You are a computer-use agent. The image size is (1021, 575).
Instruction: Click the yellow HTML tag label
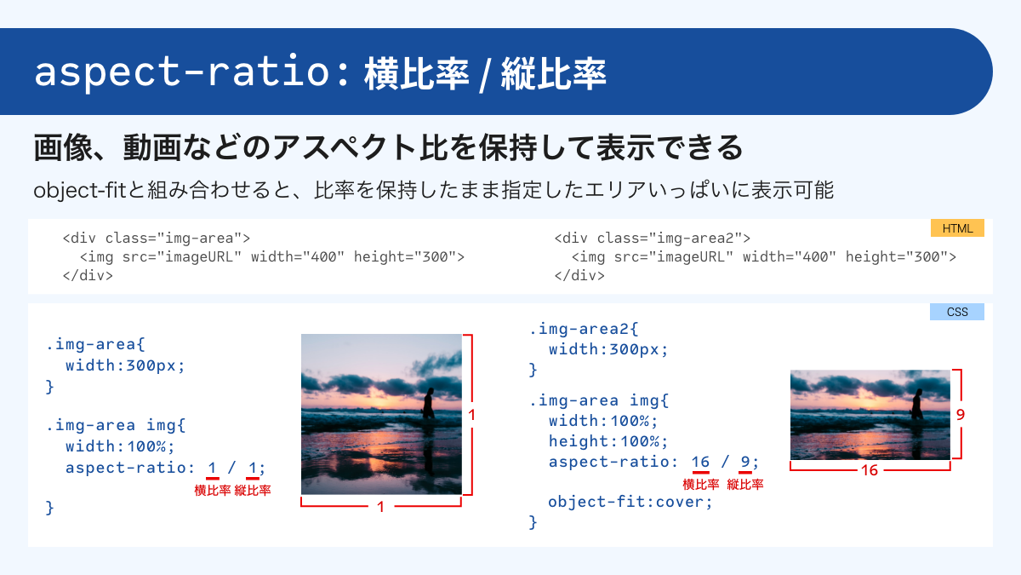(x=957, y=228)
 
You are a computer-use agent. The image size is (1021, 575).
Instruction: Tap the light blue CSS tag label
(x=957, y=312)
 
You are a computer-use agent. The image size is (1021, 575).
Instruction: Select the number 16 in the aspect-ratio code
(x=700, y=462)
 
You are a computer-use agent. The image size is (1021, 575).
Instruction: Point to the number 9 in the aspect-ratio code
(x=745, y=462)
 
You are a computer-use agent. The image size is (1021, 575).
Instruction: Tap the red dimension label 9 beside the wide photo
(x=960, y=416)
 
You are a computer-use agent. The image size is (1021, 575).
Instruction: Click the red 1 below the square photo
(x=380, y=507)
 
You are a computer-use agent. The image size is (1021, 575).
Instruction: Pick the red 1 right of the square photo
(x=471, y=415)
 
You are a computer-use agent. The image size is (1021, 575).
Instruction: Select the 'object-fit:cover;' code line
(x=630, y=501)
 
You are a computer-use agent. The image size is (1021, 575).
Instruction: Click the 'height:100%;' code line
(x=608, y=441)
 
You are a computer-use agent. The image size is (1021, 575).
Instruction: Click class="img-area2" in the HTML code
(x=661, y=239)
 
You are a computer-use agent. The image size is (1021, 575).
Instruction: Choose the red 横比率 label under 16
(x=700, y=484)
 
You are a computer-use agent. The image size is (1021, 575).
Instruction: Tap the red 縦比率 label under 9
(x=745, y=484)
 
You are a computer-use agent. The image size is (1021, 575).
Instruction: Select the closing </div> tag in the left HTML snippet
(x=88, y=275)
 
